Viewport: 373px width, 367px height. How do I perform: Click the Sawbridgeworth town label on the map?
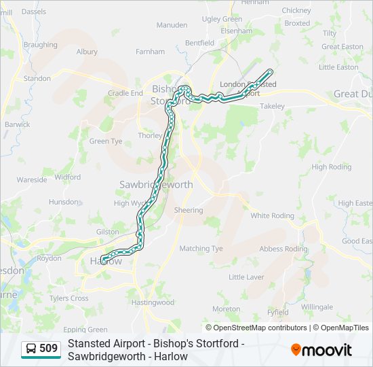tap(156, 185)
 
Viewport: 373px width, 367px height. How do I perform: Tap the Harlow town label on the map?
tap(106, 261)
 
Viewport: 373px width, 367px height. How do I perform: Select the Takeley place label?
tap(272, 107)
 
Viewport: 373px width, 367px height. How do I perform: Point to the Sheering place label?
tap(189, 210)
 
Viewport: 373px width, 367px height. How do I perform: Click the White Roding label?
tap(272, 215)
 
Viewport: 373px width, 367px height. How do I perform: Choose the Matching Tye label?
tap(201, 249)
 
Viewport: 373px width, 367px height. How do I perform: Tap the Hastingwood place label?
tap(153, 302)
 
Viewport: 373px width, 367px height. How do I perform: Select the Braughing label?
tap(40, 45)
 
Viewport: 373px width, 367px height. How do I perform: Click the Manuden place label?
tap(172, 25)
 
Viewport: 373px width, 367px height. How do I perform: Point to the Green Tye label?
tap(106, 141)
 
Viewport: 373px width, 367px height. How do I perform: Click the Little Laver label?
tap(246, 277)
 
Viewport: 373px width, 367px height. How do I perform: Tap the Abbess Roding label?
tap(283, 249)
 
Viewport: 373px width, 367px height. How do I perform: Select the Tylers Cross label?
tap(68, 298)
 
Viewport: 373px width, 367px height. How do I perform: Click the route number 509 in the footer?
tap(48, 349)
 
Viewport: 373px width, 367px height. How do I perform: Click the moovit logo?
tap(321, 350)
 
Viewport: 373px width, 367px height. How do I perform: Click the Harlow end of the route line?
tap(102, 258)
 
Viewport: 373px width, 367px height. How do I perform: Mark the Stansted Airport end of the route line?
tap(271, 71)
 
